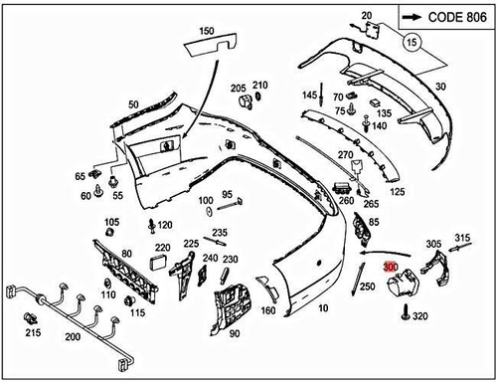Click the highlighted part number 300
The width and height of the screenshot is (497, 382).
[x=391, y=267]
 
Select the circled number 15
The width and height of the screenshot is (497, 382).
[x=412, y=43]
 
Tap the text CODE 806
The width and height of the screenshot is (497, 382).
[x=457, y=17]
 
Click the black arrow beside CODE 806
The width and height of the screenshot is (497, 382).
[x=413, y=18]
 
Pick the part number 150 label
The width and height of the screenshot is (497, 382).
[x=207, y=31]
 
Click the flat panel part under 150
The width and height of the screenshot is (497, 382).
[x=211, y=45]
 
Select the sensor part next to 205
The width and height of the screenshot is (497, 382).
[x=245, y=100]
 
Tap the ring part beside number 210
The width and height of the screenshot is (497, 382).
[x=258, y=96]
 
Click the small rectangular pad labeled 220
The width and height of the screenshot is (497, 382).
[x=159, y=264]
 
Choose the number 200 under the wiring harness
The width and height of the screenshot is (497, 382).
[x=73, y=337]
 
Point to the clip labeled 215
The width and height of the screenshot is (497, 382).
[x=31, y=318]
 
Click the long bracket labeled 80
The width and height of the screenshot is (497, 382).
[x=125, y=271]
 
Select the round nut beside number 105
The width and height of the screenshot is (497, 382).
[x=109, y=232]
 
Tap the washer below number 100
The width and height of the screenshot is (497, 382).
[x=210, y=211]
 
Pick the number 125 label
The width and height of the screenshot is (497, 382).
[x=398, y=192]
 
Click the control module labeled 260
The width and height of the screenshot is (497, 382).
[x=342, y=188]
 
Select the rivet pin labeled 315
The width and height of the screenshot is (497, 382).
[x=460, y=248]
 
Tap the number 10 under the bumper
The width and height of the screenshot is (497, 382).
[x=323, y=308]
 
